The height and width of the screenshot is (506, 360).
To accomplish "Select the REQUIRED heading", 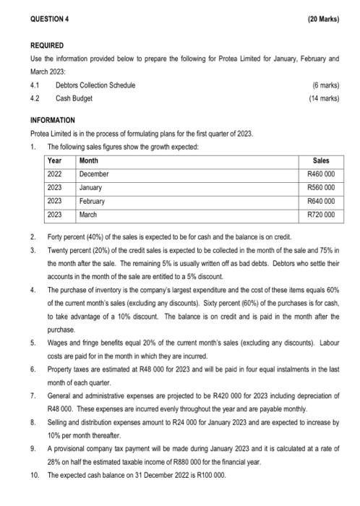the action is coord(46,45).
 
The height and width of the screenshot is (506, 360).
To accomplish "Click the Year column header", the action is coord(55,160).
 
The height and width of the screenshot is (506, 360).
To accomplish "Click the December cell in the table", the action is coord(94,174).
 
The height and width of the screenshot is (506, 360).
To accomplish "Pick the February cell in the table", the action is coord(92,201).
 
